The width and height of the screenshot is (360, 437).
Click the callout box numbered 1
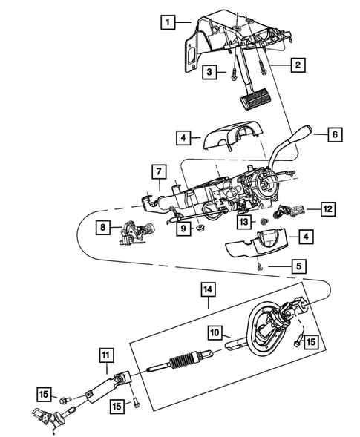[x=170, y=22]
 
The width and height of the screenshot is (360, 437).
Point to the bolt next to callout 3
[x=232, y=73]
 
